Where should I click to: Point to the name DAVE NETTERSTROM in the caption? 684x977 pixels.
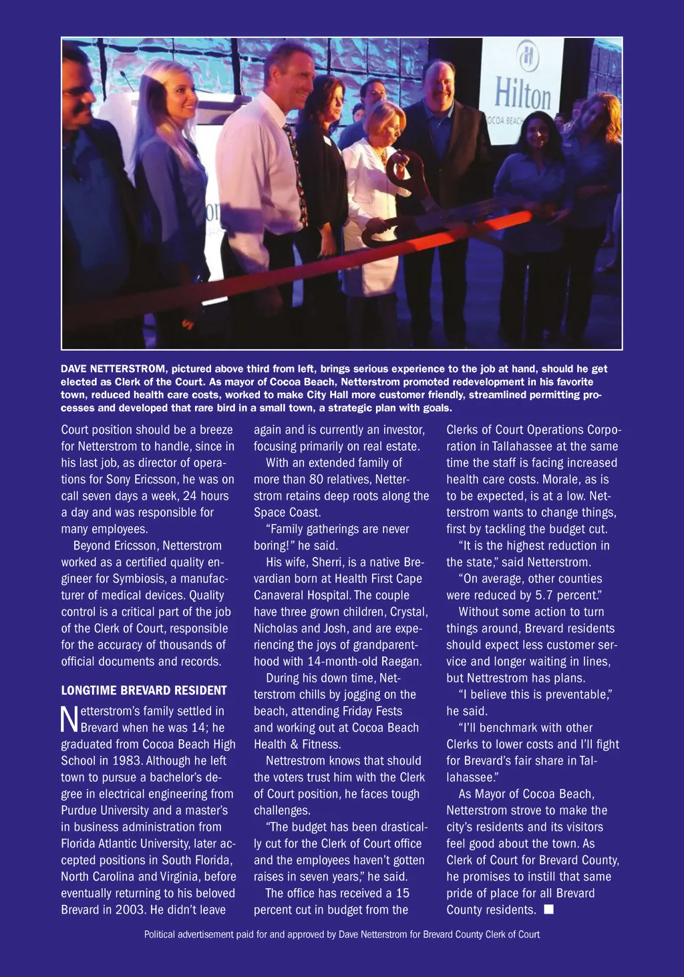point(113,369)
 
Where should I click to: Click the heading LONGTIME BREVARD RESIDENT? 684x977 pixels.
point(144,690)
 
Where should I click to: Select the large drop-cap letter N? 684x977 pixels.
point(69,719)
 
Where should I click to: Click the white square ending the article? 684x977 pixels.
point(548,909)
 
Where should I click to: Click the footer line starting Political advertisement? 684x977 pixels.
point(341,934)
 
